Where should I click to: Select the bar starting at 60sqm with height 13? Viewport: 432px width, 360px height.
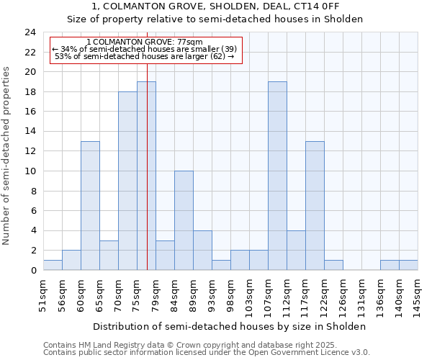point(90,205)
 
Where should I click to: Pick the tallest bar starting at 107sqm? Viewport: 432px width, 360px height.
point(277,176)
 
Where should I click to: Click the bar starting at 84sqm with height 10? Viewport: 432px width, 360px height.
point(184,220)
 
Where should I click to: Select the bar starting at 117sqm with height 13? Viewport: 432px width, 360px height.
point(315,205)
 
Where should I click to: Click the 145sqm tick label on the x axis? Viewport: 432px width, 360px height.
point(418,296)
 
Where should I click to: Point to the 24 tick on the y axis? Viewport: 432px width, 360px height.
point(30,32)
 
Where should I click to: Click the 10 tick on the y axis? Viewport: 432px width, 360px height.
point(30,171)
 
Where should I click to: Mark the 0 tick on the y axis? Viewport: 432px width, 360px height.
point(32,271)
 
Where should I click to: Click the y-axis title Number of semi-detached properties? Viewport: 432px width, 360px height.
point(7,156)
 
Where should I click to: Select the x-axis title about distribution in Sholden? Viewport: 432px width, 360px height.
point(230,326)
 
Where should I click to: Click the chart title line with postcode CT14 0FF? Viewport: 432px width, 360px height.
point(216,6)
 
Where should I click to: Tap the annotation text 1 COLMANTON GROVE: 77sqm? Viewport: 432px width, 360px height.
point(144,42)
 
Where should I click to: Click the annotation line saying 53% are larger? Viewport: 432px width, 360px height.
point(144,56)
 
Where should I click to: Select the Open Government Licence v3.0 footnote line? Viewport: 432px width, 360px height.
point(207,352)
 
